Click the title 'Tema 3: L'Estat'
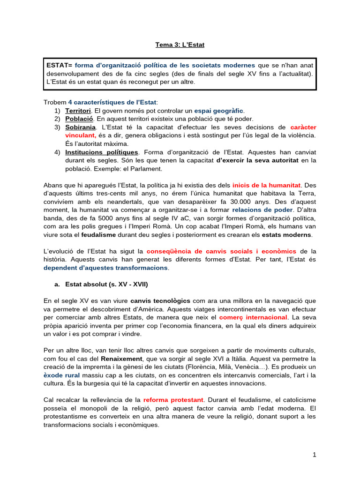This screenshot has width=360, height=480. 180,45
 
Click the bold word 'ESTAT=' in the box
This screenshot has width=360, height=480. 59,65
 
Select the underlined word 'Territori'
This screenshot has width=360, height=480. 78,111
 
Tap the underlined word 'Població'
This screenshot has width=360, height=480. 77,119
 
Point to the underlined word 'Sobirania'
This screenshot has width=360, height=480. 81,127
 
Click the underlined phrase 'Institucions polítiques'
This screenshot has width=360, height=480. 102,152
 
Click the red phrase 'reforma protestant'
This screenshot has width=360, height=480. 173,400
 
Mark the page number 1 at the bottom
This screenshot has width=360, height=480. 315,454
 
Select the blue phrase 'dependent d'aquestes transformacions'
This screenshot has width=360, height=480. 105,268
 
